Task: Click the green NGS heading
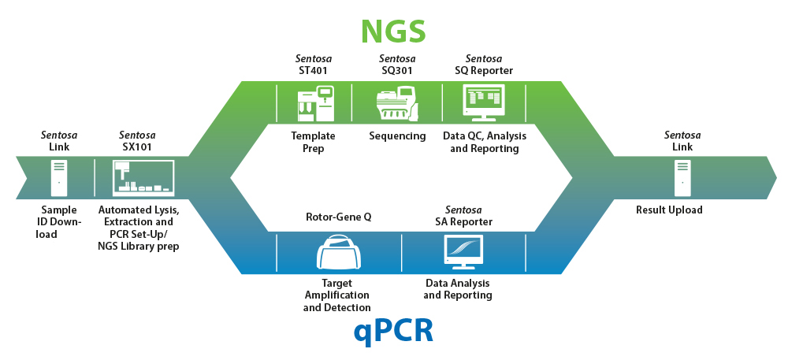393,30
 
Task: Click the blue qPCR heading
393,330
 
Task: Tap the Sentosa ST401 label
313,65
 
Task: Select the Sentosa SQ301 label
397,65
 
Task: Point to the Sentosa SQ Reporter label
484,65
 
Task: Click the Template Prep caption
314,142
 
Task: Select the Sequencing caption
397,136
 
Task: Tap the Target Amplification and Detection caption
337,295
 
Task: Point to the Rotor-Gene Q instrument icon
338,254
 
